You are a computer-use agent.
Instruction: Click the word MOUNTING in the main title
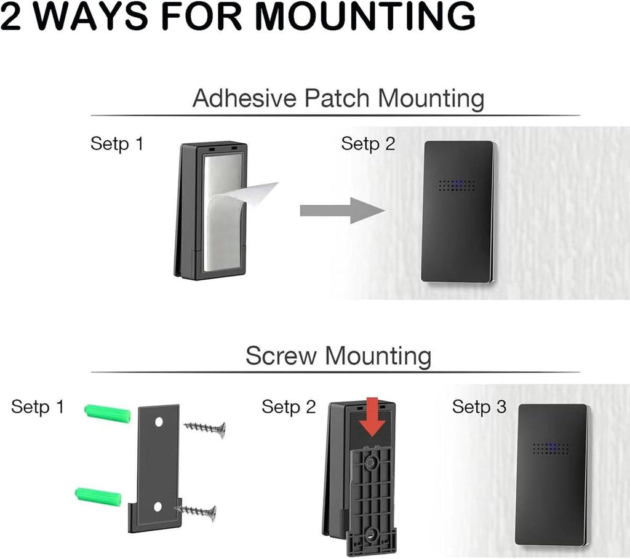point(365,16)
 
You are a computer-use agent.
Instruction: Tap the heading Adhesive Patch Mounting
point(338,98)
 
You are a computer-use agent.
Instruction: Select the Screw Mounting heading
point(338,356)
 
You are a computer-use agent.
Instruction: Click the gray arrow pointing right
point(342,210)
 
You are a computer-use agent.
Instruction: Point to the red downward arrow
point(372,417)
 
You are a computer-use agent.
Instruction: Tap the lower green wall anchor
point(98,496)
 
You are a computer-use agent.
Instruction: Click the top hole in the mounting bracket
point(159,422)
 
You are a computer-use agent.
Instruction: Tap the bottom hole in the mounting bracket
point(157,507)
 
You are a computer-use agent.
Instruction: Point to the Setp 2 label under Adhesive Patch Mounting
point(368,144)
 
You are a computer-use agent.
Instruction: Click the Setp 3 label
point(479,407)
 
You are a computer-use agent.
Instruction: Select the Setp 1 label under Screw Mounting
point(38,407)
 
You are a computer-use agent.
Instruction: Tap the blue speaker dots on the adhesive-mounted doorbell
point(457,185)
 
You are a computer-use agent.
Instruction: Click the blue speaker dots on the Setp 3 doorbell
point(551,448)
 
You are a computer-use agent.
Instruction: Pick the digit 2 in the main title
point(10,16)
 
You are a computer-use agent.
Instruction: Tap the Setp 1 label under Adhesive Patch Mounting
point(117,144)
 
